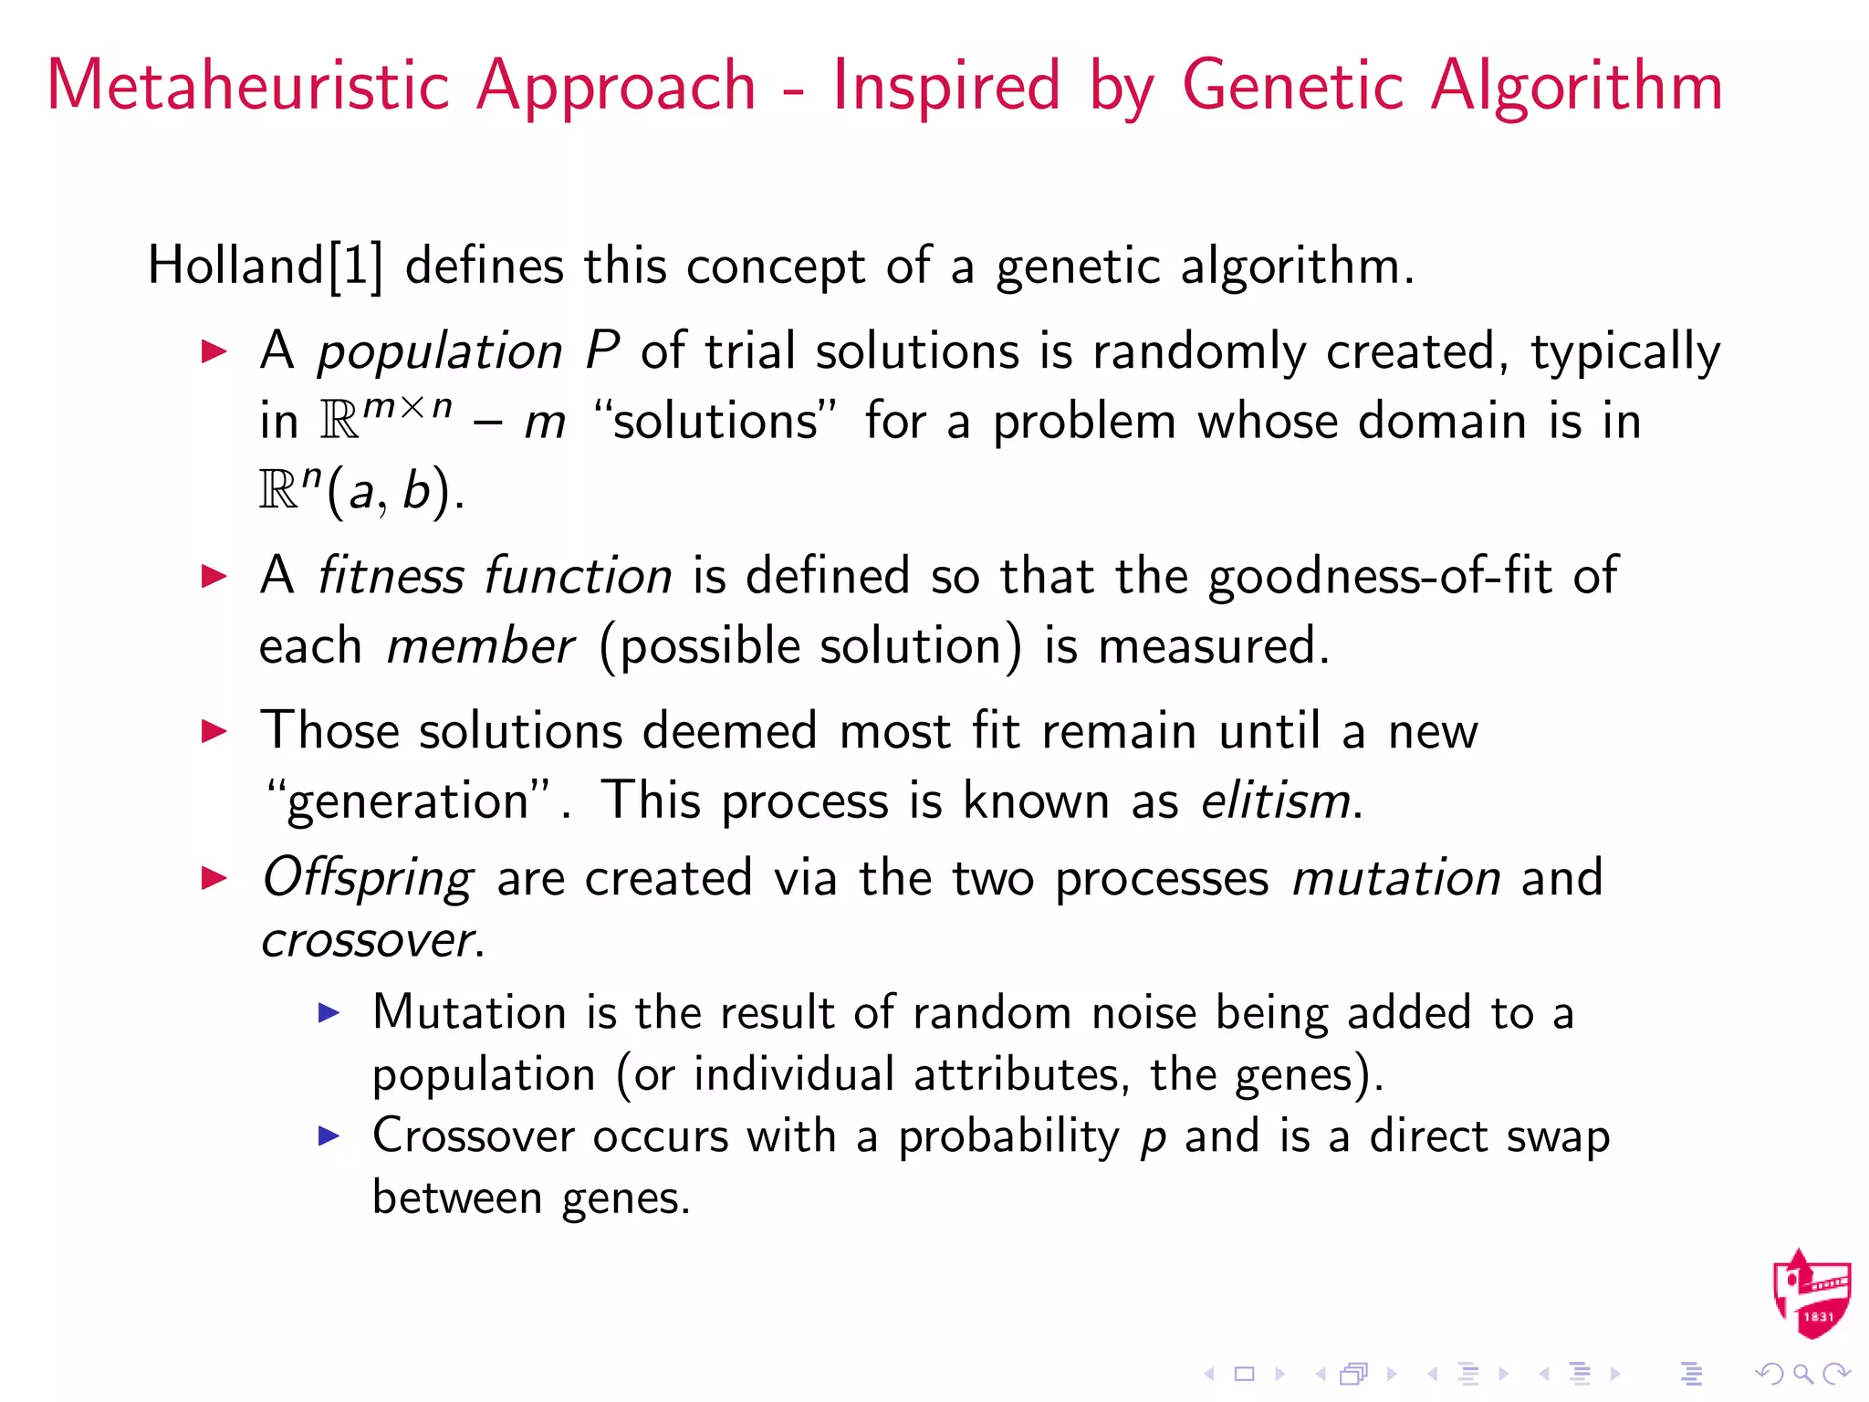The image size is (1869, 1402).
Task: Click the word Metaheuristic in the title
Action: (246, 85)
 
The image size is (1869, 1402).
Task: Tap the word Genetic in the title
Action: (1292, 85)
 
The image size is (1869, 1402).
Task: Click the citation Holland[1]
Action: (265, 267)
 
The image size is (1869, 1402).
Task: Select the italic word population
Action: (440, 352)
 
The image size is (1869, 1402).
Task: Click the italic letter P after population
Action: (602, 350)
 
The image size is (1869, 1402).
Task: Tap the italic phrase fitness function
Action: (494, 577)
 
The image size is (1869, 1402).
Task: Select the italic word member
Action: (480, 647)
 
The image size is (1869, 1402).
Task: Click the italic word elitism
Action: (1275, 801)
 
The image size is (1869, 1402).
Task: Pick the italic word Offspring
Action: (367, 878)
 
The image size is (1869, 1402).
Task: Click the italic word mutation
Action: (1395, 878)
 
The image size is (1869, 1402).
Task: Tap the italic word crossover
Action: (367, 940)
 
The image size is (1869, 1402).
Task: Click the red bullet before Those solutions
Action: (214, 731)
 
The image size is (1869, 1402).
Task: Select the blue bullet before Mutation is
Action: (329, 1012)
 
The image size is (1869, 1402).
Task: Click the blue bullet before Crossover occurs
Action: (329, 1135)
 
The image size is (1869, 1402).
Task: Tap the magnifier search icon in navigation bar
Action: (1802, 1374)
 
